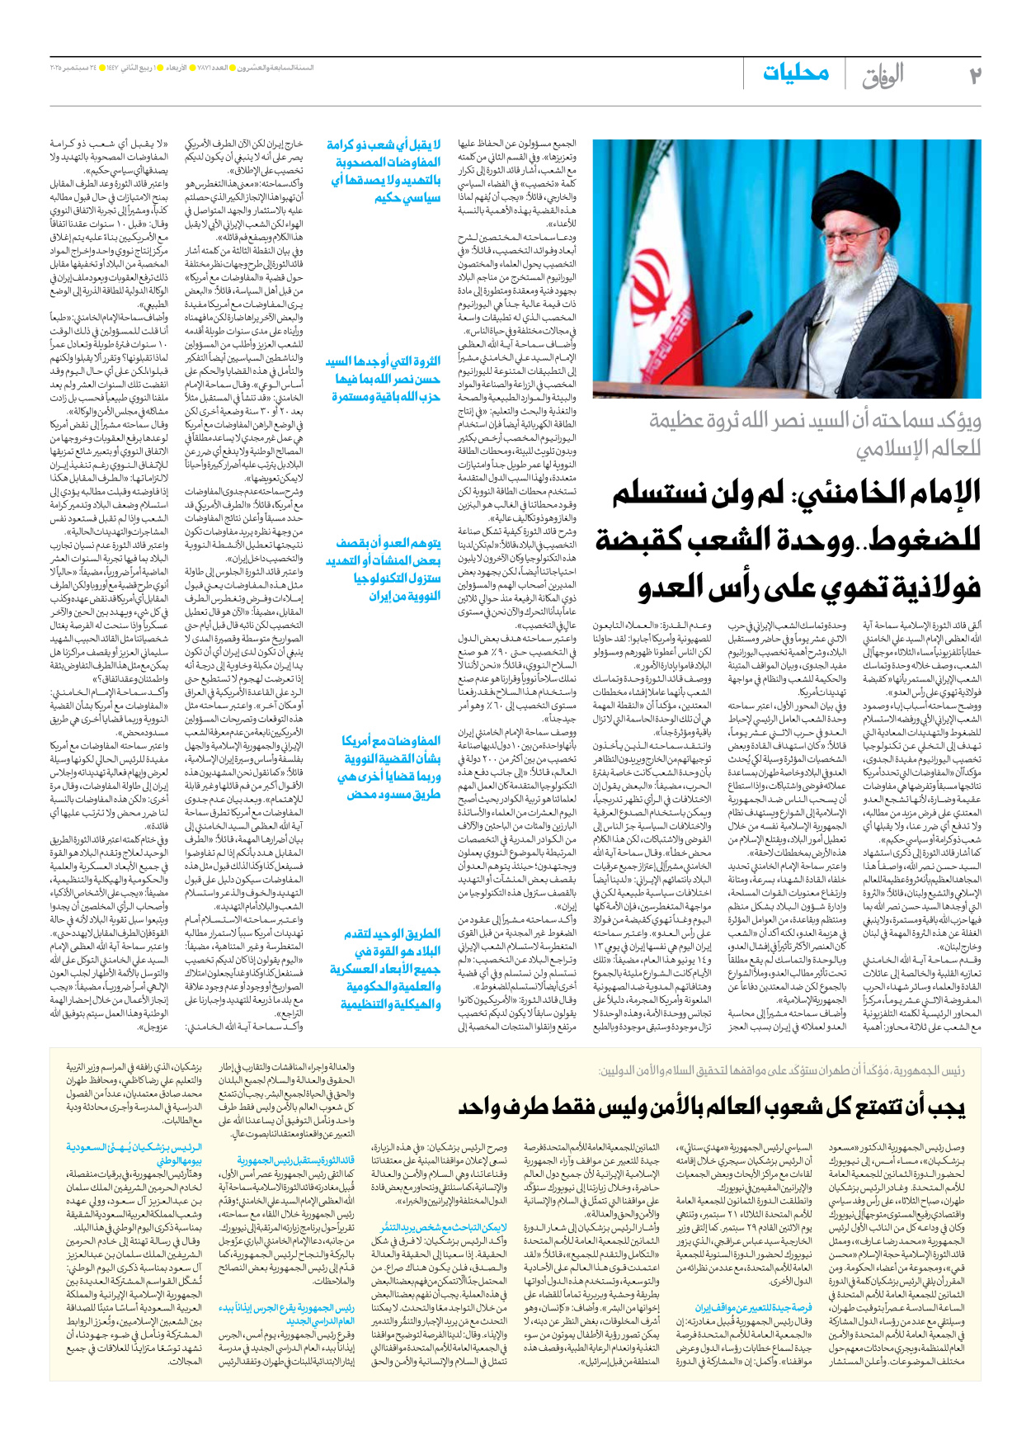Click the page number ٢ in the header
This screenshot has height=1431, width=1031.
tap(974, 75)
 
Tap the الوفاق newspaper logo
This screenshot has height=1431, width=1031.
tap(883, 76)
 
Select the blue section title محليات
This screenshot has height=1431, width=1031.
tap(795, 73)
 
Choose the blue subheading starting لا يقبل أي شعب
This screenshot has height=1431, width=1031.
tap(384, 171)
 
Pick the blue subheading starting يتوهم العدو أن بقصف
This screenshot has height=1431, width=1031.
tap(384, 569)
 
